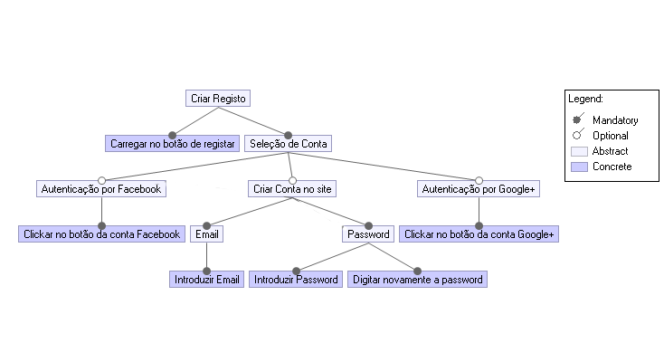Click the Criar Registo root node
[218, 98]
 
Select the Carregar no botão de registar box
[172, 143]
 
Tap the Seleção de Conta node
[289, 143]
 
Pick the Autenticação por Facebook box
[101, 189]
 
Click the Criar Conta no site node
[291, 189]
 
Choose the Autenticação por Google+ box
[479, 189]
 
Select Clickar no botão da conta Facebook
[101, 234]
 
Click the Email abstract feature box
[207, 234]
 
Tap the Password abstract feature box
[369, 234]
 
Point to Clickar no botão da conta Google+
[479, 234]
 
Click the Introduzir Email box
[207, 280]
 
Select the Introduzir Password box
[296, 280]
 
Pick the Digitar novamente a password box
[417, 280]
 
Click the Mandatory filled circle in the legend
[576, 119]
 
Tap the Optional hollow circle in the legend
[576, 135]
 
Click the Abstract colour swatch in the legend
[579, 151]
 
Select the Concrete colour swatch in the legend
[579, 167]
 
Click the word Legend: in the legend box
[585, 98]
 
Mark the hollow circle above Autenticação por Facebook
[101, 179]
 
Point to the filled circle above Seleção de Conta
[289, 135]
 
